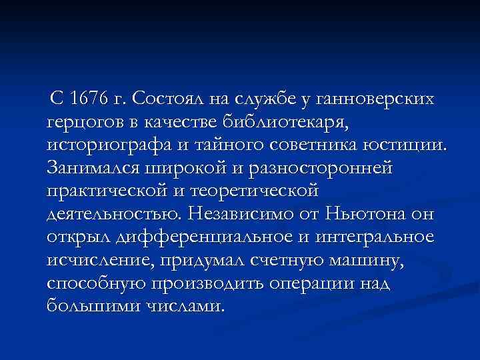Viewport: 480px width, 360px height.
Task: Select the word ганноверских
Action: [x=374, y=99]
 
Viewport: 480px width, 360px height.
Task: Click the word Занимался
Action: [x=93, y=168]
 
